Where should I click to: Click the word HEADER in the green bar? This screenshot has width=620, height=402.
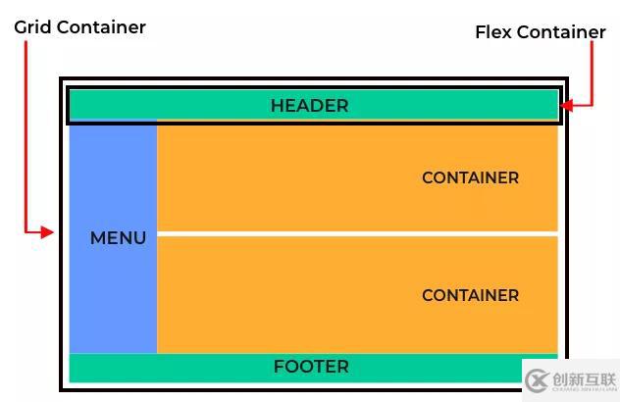[x=309, y=106]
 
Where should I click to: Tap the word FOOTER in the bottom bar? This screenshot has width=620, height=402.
[x=311, y=367]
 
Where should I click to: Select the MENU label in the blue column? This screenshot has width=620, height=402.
[x=118, y=238]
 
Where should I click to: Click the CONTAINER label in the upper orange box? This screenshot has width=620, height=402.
[x=470, y=178]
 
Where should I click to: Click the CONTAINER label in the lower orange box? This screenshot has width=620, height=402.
[x=470, y=295]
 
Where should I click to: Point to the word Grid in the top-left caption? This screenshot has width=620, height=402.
[x=32, y=27]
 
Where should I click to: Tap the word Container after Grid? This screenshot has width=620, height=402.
[x=101, y=27]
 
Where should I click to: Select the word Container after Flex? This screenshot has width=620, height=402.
[x=561, y=32]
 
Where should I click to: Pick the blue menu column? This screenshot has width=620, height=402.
[x=113, y=294]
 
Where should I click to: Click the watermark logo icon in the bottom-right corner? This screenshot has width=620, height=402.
[x=536, y=379]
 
